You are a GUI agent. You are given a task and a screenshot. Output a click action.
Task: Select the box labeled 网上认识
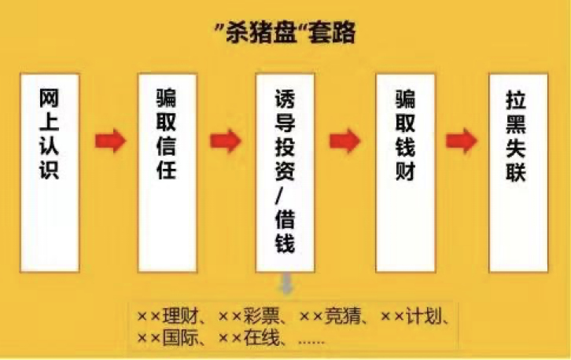49,173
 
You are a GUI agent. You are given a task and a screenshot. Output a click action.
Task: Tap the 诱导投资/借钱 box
285,173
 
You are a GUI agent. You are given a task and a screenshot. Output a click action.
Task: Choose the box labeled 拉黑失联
517,173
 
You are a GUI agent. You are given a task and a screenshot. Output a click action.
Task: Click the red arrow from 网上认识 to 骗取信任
110,141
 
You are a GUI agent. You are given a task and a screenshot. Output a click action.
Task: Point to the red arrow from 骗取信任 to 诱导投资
226,141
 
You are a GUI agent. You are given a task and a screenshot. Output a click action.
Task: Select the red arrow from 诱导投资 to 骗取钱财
344,141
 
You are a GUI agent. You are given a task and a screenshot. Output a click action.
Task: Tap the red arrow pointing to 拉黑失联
461,141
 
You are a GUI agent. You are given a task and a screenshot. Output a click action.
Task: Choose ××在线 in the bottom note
250,340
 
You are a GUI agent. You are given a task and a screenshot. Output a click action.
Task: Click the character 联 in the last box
517,171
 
